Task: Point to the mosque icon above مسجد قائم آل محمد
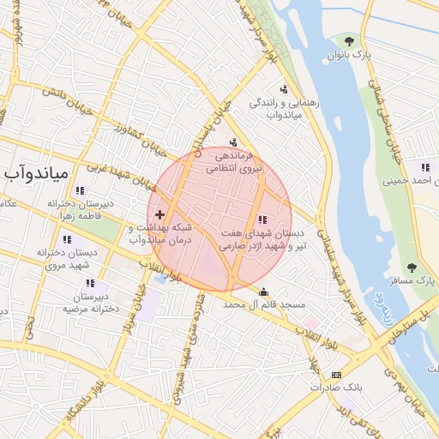[262, 292]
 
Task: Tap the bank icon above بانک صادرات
[336, 374]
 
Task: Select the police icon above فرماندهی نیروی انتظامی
[234, 142]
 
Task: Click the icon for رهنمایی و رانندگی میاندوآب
[284, 88]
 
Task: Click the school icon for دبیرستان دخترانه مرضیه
[90, 283]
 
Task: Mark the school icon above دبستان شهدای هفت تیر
[262, 219]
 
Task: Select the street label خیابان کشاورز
[139, 139]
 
